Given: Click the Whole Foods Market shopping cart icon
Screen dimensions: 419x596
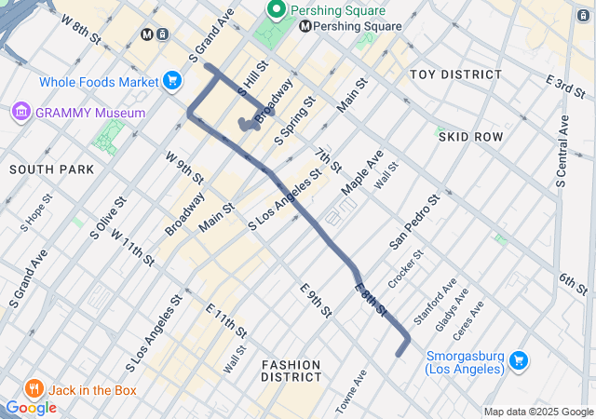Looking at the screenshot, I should pyautogui.click(x=171, y=82).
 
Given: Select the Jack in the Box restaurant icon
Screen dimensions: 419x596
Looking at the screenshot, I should pyautogui.click(x=34, y=388).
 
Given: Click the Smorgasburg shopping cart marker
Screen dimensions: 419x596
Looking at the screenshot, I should pyautogui.click(x=520, y=360).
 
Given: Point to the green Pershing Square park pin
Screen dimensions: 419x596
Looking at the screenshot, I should pyautogui.click(x=277, y=11).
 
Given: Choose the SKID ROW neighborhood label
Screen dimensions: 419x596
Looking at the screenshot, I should pyautogui.click(x=470, y=137).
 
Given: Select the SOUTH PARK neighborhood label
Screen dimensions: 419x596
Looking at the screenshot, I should pyautogui.click(x=52, y=169).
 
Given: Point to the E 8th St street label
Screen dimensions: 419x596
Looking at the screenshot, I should pyautogui.click(x=371, y=298).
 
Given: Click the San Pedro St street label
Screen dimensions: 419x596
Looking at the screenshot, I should pyautogui.click(x=414, y=223).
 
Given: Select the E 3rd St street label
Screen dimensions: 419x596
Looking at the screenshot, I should pyautogui.click(x=564, y=90).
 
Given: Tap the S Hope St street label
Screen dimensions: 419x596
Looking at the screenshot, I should pyautogui.click(x=36, y=215).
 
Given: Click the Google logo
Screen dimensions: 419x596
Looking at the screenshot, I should pyautogui.click(x=31, y=408).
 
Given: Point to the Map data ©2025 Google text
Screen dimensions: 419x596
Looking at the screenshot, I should pyautogui.click(x=537, y=412).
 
